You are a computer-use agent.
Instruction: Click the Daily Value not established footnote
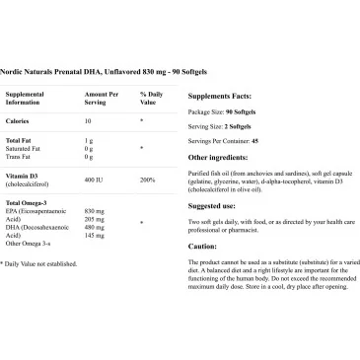(39, 263)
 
